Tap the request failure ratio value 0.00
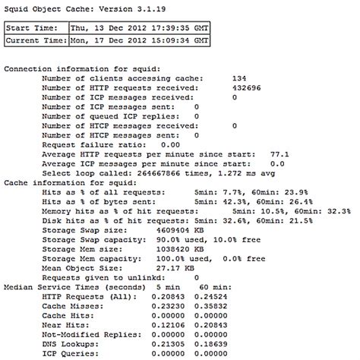tap(170, 144)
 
